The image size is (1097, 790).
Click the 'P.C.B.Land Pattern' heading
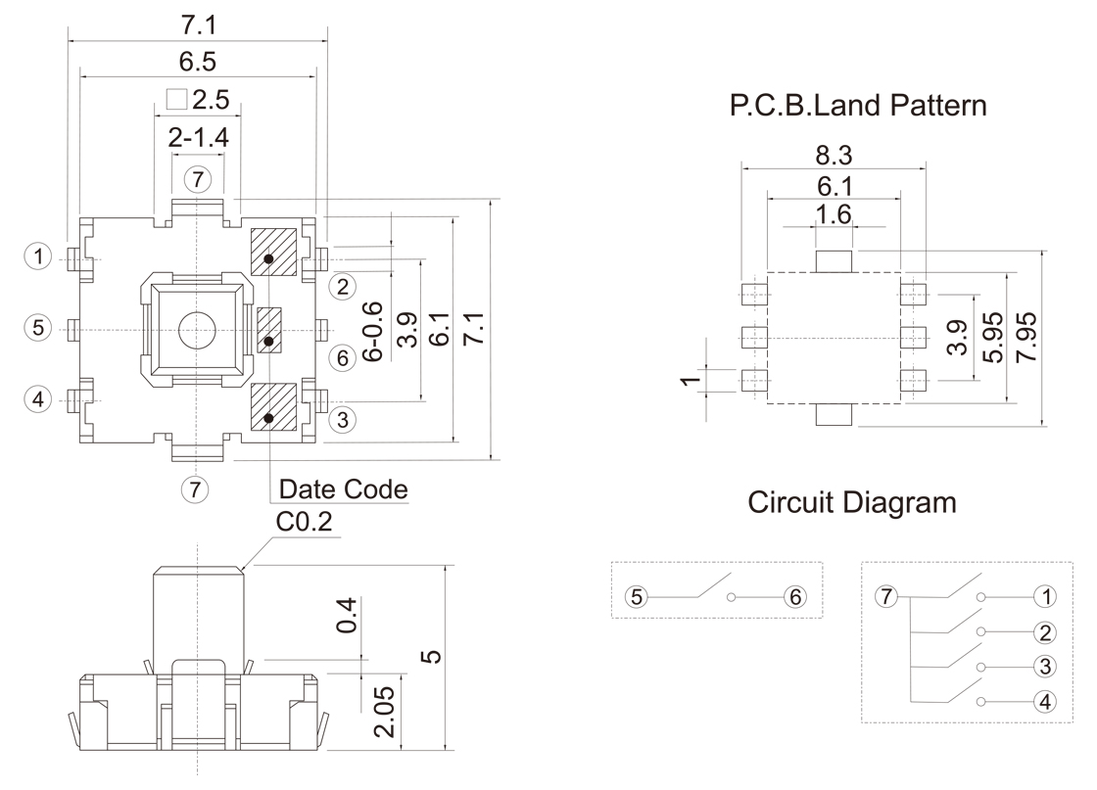(858, 106)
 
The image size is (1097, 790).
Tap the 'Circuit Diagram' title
(851, 503)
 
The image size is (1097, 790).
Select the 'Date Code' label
(343, 488)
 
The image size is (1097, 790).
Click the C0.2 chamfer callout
(304, 524)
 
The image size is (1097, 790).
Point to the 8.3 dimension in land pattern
(833, 154)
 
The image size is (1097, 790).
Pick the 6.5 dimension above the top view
(198, 62)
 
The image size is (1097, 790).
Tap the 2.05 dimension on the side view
(384, 711)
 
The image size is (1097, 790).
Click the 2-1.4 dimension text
(198, 138)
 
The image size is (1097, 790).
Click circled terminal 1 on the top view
(38, 257)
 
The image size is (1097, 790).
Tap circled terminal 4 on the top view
(38, 398)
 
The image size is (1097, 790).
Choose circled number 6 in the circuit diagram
(794, 596)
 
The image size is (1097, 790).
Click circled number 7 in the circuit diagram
(886, 596)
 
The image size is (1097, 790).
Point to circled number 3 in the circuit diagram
(1046, 667)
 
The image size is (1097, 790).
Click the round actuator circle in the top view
(197, 330)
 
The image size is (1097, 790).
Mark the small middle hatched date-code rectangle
(269, 329)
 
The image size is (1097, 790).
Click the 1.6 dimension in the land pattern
(833, 215)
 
